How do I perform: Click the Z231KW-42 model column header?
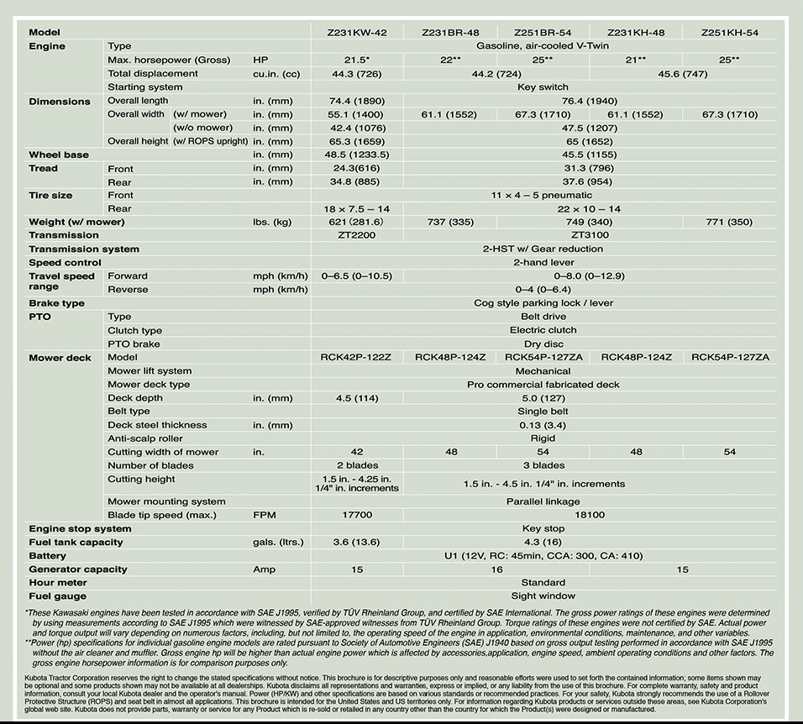pos(357,33)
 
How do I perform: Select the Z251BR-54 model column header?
pos(543,33)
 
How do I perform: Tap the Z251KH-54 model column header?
pos(729,33)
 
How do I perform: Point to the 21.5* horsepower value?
pos(357,60)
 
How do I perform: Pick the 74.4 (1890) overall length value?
pos(357,101)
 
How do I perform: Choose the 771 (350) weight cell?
pos(729,222)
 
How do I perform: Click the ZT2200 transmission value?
pos(357,235)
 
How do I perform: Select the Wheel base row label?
pos(59,155)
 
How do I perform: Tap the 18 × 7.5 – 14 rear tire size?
pos(357,208)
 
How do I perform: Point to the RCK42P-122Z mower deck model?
pos(357,357)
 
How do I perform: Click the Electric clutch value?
pos(543,330)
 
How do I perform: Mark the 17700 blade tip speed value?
pos(357,515)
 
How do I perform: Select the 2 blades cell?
pos(357,465)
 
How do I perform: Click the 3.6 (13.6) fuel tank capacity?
pos(357,542)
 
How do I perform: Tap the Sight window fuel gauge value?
pos(543,596)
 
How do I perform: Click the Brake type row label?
pos(56,303)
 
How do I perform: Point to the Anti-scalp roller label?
pos(145,438)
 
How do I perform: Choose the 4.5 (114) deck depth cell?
pos(357,397)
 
